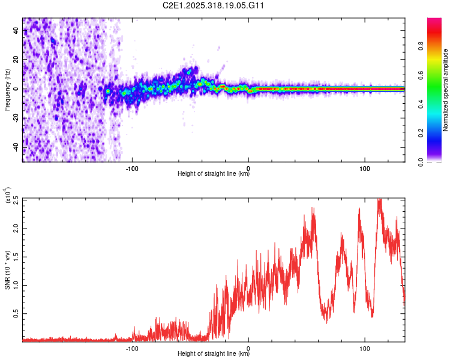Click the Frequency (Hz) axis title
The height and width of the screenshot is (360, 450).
7,90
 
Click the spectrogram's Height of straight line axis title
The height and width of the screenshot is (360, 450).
214,174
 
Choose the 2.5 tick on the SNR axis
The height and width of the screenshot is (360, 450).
15,200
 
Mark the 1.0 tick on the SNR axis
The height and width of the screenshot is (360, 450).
15,285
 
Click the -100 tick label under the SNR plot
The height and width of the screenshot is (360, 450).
133,347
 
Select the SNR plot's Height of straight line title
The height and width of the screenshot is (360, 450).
214,354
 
